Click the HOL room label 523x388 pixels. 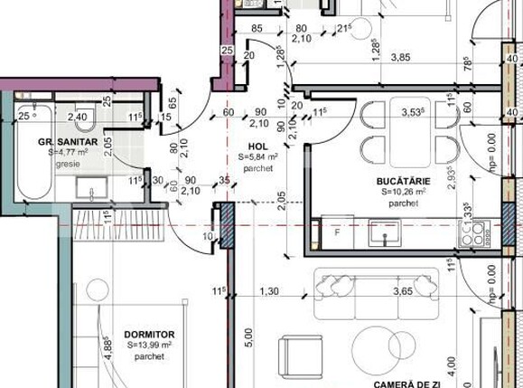[258, 145]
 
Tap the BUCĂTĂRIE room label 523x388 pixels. [404, 181]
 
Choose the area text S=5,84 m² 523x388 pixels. [260, 156]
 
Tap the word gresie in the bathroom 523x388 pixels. [68, 165]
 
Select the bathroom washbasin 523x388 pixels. [90, 189]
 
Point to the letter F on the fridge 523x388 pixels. [337, 232]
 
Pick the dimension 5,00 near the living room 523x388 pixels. [249, 337]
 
